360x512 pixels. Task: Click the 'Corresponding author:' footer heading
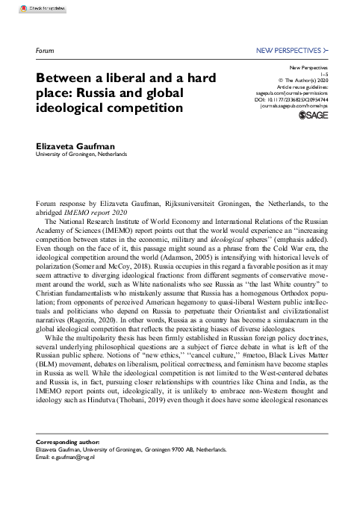point(67,463)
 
